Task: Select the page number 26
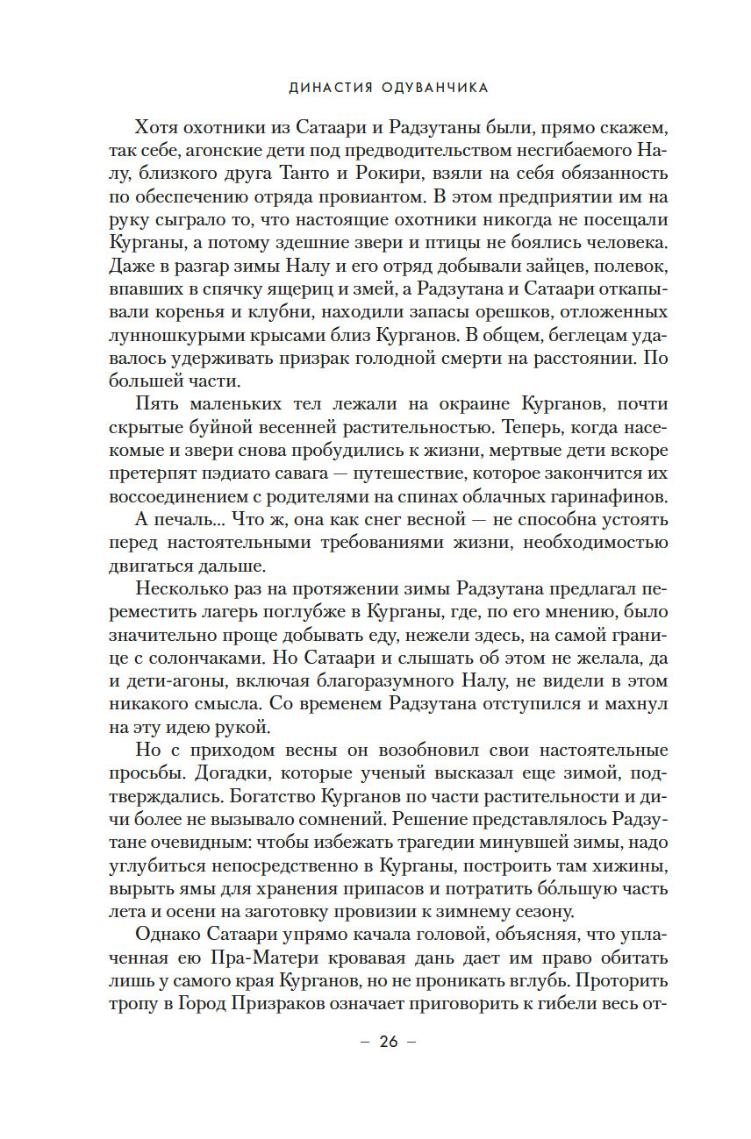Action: point(388,1042)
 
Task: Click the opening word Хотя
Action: point(156,126)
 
